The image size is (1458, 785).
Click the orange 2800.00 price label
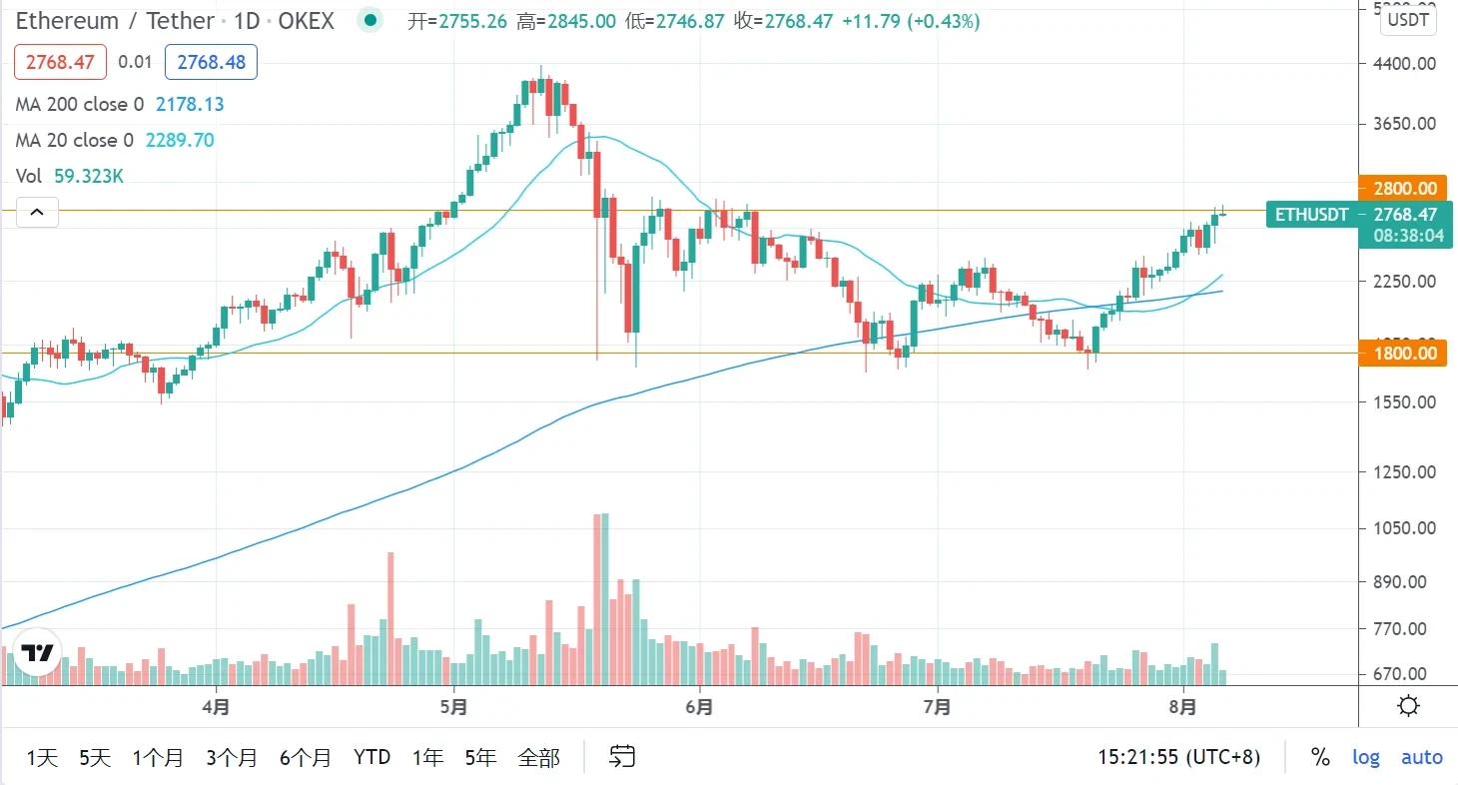pos(1404,188)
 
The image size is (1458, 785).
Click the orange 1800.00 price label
pos(1404,353)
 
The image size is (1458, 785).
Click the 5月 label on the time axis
pos(453,707)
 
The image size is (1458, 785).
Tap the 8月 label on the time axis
pos(1182,707)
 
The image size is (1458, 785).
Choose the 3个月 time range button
pos(232,758)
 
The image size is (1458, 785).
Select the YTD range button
pos(371,758)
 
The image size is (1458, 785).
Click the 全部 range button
pos(538,758)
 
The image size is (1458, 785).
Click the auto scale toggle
pos(1422,758)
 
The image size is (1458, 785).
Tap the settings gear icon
pos(1409,707)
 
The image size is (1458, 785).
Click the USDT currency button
pos(1409,20)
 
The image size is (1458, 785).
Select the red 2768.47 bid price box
pos(60,62)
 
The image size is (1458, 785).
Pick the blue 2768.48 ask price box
pos(211,62)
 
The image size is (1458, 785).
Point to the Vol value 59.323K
pos(89,176)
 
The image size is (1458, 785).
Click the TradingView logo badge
pos(38,654)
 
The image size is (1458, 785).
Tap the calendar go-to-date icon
pos(622,757)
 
